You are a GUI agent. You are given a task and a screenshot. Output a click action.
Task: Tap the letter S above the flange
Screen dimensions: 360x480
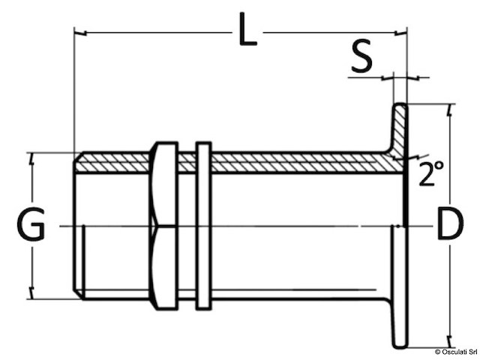[x=362, y=58]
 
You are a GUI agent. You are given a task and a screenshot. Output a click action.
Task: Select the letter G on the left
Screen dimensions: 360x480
[x=31, y=226]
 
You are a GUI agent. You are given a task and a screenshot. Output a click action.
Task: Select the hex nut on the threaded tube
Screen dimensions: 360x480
[x=164, y=225]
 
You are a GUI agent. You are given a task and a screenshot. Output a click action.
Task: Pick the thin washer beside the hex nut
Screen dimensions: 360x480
[x=202, y=225]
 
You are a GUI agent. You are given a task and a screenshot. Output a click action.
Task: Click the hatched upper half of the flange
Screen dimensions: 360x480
[x=400, y=131]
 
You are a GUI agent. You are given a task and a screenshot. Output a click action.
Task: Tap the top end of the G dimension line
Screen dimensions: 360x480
[x=31, y=155]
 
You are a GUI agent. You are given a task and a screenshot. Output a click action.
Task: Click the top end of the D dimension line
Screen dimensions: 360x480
[x=449, y=106]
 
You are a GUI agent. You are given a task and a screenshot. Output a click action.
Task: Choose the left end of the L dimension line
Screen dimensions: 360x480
[x=76, y=32]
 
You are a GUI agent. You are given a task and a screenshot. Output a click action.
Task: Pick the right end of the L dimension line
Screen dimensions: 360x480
[x=405, y=32]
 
